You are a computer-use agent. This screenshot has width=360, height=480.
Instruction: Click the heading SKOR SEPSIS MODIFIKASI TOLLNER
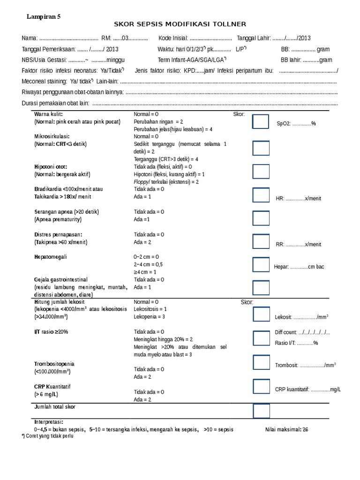coord(180,24)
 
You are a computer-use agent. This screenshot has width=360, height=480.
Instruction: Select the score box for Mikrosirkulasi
coord(261,148)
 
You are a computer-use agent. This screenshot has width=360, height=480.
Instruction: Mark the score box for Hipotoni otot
coord(261,172)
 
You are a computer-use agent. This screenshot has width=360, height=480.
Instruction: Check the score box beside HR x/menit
coord(261,195)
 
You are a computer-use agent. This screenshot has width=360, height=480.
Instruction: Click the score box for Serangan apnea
coord(261,218)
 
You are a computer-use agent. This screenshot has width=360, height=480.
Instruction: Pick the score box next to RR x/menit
coord(261,241)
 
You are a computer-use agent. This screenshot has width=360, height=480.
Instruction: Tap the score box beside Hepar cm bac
coord(261,264)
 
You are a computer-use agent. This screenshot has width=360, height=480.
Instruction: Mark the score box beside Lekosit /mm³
coord(261,314)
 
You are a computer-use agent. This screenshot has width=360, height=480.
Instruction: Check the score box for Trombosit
coord(261,362)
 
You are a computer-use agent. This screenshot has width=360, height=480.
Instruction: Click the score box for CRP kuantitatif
coord(261,387)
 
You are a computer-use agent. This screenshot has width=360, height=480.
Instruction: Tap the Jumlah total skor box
coord(261,411)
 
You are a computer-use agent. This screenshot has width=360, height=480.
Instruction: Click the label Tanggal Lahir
coord(254,38)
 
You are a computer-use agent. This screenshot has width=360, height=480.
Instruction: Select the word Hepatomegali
coord(51,257)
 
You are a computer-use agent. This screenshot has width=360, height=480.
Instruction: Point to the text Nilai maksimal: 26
coord(286,429)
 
